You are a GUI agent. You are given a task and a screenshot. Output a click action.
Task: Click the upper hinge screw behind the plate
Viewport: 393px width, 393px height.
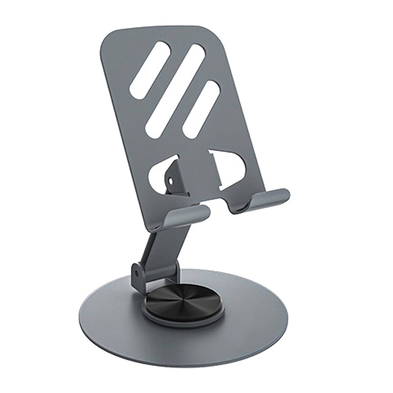coord(170,181)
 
